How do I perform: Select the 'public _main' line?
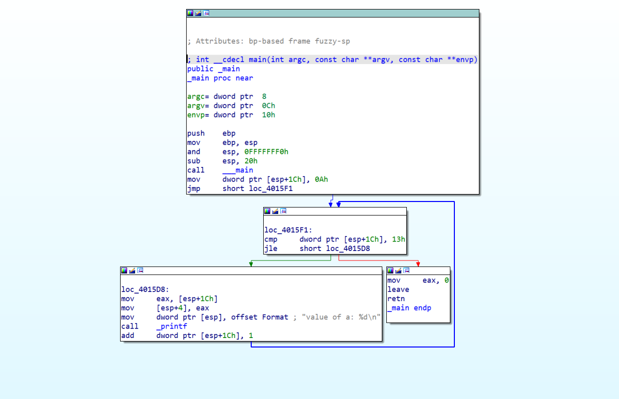pos(214,68)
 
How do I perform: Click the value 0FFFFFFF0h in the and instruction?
pos(266,151)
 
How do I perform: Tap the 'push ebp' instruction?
pos(211,133)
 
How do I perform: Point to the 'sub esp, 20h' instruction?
pos(222,160)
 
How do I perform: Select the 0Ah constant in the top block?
pos(322,179)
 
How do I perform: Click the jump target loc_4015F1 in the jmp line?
pos(271,188)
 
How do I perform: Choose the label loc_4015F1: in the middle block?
pos(288,230)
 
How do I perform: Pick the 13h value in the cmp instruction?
pos(399,239)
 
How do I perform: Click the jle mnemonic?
pos(271,248)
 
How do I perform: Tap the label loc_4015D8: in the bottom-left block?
pos(145,289)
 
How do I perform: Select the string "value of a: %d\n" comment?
pos(341,317)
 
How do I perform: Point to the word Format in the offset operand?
pos(275,317)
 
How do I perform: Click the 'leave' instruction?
pos(398,289)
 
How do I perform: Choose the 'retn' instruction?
pos(396,298)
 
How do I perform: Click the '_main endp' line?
pos(409,308)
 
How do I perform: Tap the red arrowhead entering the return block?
pos(418,264)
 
